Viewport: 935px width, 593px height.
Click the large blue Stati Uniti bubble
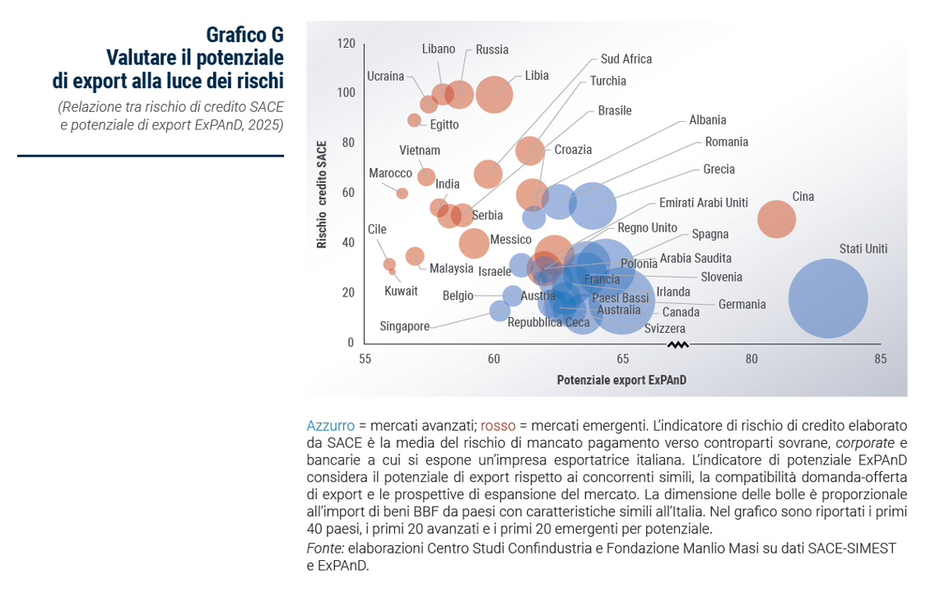[x=827, y=298]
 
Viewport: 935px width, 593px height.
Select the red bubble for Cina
[x=776, y=219]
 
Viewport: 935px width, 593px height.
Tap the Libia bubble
[x=494, y=94]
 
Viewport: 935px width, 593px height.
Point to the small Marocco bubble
[x=402, y=194]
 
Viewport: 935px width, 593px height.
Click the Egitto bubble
[x=414, y=120]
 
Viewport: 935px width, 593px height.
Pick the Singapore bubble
[x=500, y=311]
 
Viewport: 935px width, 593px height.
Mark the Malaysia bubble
[x=415, y=256]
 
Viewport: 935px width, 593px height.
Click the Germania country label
[x=742, y=304]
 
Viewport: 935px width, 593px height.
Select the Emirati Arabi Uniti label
[x=703, y=203]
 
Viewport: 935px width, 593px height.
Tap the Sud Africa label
[x=626, y=58]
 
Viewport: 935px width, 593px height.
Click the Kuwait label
[x=401, y=291]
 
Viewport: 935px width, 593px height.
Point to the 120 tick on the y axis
[x=346, y=43]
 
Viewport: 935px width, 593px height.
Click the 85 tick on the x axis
[x=880, y=359]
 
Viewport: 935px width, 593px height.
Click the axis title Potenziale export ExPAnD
[x=621, y=381]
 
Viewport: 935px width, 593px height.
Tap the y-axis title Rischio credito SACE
[x=323, y=194]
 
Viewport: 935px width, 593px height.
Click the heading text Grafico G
[x=244, y=35]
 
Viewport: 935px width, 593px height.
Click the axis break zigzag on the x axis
[x=677, y=344]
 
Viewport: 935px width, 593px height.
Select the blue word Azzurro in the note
[x=330, y=426]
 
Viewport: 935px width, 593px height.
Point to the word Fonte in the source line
[x=323, y=549]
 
